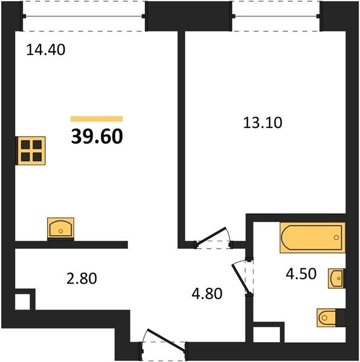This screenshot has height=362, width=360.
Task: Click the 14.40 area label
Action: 46,50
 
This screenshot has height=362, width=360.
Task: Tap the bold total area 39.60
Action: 97,136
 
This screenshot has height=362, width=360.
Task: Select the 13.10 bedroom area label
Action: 263,122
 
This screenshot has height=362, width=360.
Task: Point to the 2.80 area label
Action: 82,278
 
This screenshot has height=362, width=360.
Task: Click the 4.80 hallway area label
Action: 207,294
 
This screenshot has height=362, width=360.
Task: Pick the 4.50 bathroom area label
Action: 301,274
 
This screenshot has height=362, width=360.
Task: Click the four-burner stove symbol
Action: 30,151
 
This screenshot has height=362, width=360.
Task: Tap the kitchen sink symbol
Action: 60,228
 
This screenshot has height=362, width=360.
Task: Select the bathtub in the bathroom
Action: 312,238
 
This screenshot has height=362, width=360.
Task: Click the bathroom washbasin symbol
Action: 336,278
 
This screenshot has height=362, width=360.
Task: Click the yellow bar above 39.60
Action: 97,119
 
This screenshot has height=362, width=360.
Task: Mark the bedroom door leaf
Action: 211,236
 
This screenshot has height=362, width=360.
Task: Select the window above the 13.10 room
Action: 276,16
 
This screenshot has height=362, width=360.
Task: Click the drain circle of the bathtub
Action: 336,237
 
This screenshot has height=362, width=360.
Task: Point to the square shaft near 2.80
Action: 22,302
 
